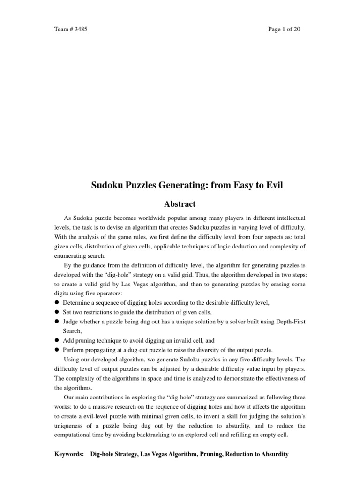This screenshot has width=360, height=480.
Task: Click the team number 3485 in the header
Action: pyautogui.click(x=80, y=29)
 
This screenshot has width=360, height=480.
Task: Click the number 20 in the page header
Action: pyautogui.click(x=296, y=29)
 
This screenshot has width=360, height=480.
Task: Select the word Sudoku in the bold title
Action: pyautogui.click(x=105, y=186)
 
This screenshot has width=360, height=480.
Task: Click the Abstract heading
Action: pyautogui.click(x=180, y=204)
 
